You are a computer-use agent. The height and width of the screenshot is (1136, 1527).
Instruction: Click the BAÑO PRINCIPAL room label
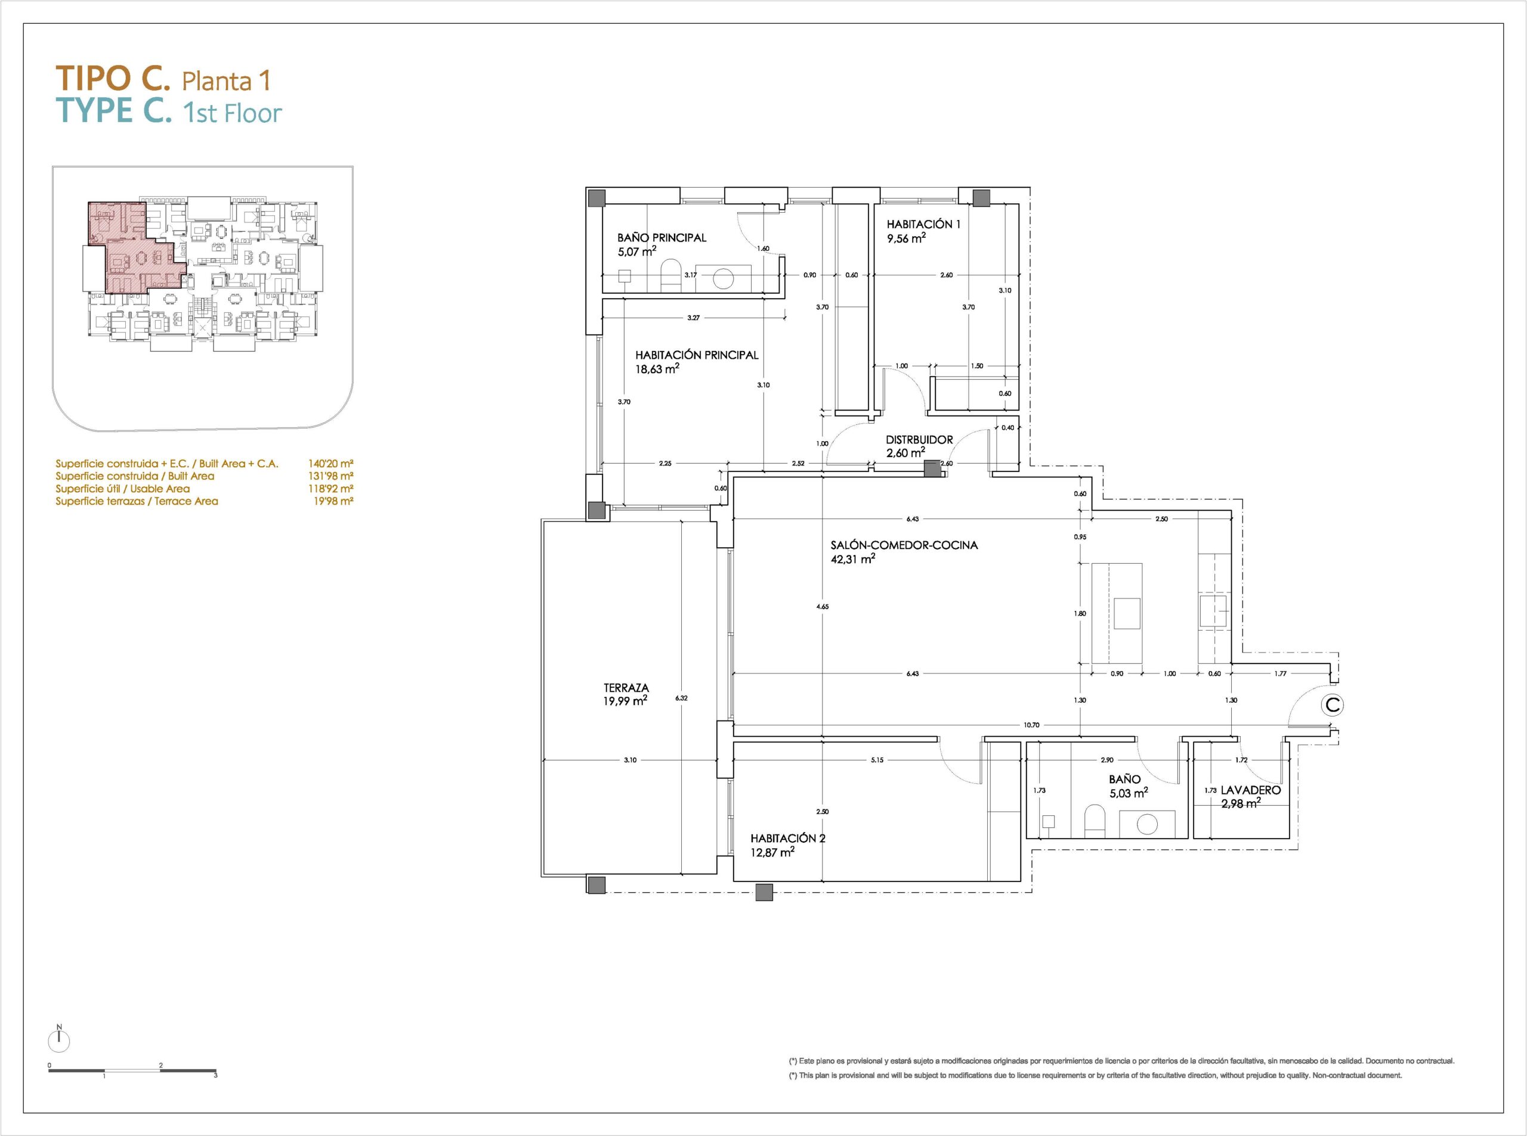coord(662,238)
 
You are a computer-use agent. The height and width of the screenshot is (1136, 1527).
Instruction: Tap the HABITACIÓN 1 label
coord(923,224)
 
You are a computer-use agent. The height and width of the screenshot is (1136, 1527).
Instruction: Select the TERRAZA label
coord(626,688)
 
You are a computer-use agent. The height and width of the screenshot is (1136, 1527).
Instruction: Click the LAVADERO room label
coord(1251,790)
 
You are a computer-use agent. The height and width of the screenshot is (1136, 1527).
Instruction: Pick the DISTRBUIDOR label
coord(919,439)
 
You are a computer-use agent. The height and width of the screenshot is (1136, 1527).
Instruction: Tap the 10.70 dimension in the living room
coord(1031,725)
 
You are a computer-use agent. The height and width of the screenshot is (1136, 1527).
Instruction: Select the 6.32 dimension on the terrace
coord(681,698)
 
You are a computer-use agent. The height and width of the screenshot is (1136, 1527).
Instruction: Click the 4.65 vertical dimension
coord(823,607)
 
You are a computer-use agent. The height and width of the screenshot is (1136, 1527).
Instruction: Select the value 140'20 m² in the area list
coord(331,464)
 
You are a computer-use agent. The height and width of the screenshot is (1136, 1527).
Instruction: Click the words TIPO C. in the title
coord(112,79)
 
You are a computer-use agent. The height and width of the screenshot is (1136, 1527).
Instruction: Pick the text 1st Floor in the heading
coord(233,113)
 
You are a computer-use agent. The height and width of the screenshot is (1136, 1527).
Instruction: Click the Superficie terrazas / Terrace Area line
coord(137,501)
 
